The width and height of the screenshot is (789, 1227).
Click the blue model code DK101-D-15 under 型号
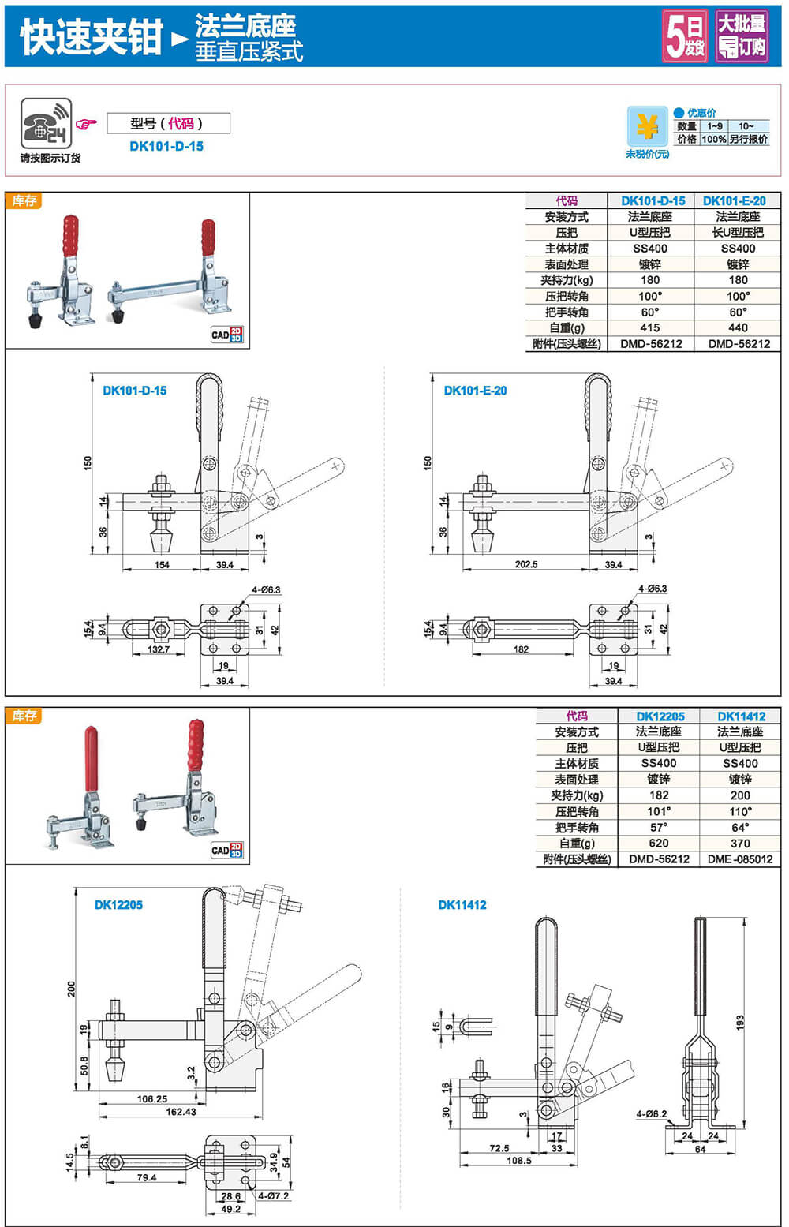click(x=166, y=146)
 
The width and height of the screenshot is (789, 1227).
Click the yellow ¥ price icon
click(x=647, y=125)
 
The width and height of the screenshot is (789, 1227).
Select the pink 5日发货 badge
click(x=684, y=36)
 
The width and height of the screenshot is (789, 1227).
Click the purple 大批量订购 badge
click(x=741, y=36)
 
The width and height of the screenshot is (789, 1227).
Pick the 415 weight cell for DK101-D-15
click(x=650, y=327)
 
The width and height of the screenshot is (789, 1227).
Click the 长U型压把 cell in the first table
click(x=738, y=232)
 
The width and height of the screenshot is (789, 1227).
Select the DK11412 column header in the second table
click(x=741, y=716)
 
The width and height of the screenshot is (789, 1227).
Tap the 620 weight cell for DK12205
click(x=659, y=843)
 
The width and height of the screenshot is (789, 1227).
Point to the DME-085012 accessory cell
click(x=740, y=859)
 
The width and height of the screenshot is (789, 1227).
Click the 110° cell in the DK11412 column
click(x=740, y=811)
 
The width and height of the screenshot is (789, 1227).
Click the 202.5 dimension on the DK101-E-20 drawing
click(x=525, y=564)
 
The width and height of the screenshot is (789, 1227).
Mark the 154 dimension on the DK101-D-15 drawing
click(x=162, y=564)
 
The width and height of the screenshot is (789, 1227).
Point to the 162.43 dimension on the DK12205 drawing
click(x=181, y=1112)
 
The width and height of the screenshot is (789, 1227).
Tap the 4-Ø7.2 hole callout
click(x=273, y=1196)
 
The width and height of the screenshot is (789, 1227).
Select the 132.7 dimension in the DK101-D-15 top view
click(x=159, y=649)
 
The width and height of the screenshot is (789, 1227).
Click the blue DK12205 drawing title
click(x=118, y=905)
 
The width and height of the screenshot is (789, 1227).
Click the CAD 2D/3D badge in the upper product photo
click(x=227, y=335)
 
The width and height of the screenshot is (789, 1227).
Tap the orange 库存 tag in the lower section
click(x=24, y=716)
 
